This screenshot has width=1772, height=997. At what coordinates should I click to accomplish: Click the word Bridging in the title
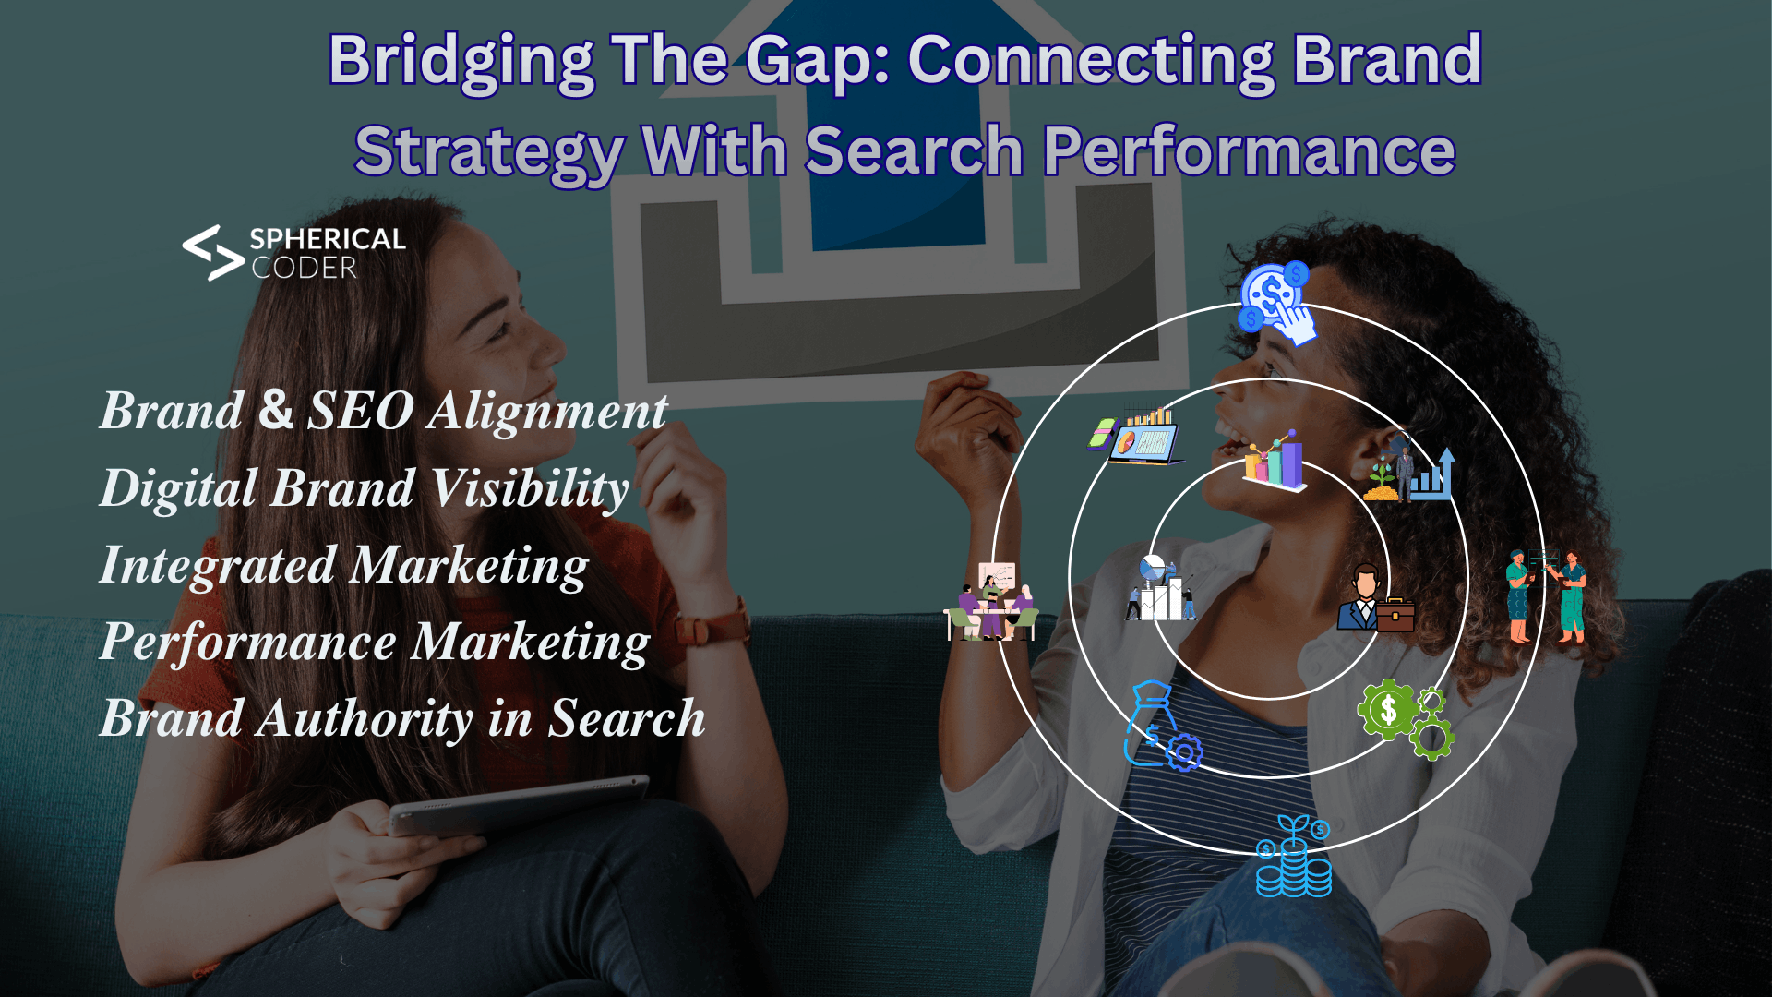[x=461, y=61]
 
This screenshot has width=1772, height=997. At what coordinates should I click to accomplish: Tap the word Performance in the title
[x=1249, y=151]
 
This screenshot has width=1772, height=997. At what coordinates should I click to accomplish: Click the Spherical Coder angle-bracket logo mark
[x=212, y=253]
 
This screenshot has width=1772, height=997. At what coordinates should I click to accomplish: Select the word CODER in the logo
[x=304, y=269]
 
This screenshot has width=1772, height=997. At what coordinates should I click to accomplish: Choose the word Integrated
[x=217, y=565]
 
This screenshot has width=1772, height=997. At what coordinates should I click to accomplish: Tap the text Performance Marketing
[x=375, y=643]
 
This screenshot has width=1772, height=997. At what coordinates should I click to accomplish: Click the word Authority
[x=365, y=718]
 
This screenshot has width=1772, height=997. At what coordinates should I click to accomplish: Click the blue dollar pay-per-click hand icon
[x=1277, y=302]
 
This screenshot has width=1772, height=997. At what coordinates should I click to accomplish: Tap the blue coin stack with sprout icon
[x=1294, y=858]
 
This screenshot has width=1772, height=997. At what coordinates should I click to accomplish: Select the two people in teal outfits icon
[x=1546, y=595]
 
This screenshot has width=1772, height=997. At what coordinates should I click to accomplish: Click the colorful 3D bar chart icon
[x=1275, y=461]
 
